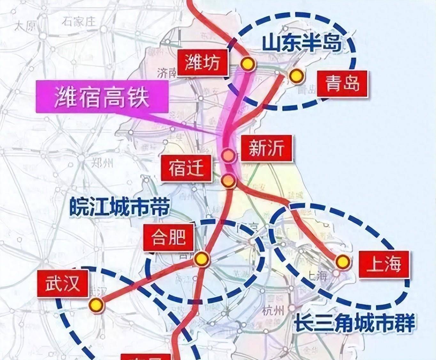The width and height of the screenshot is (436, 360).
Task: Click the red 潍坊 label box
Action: [x=202, y=62]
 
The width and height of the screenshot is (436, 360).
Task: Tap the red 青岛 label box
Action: [x=342, y=84]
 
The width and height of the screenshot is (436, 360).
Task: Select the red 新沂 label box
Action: [x=266, y=148]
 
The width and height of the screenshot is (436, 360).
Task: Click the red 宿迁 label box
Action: [x=186, y=168]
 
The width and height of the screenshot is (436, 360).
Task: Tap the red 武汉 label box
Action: [x=63, y=283]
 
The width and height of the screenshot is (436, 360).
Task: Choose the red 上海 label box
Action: [x=384, y=264]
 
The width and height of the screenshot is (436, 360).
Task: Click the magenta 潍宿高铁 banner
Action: [x=102, y=97]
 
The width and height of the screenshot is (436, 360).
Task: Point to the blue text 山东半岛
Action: [x=302, y=43]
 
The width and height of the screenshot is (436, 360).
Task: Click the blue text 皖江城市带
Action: [x=120, y=207]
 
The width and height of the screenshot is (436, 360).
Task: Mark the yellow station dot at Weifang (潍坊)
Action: [x=248, y=64]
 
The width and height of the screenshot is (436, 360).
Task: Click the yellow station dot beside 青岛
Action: [x=296, y=76]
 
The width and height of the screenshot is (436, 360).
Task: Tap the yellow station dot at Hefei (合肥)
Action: [x=202, y=259]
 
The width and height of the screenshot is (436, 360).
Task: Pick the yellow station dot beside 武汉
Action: [x=96, y=305]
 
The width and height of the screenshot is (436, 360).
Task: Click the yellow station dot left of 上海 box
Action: [x=343, y=262]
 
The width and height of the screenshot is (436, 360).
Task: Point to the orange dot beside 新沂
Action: [x=229, y=155]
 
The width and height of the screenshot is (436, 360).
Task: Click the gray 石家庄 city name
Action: [x=79, y=22]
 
